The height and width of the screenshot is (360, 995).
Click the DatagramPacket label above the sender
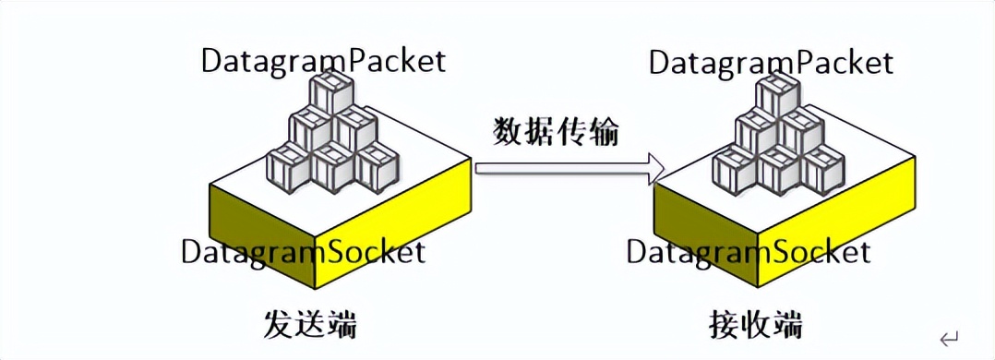click(323, 61)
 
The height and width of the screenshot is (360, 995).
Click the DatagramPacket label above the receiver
click(771, 63)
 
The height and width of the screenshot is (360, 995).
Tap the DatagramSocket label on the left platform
click(303, 251)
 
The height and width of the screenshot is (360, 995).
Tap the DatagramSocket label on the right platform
click(749, 252)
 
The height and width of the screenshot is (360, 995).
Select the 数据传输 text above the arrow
click(555, 132)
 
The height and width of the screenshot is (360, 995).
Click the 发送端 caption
click(310, 325)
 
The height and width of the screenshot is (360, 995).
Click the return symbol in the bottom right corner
click(949, 338)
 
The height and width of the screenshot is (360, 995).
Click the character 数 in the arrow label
click(508, 132)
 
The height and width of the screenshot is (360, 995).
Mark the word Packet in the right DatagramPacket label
click(845, 63)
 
